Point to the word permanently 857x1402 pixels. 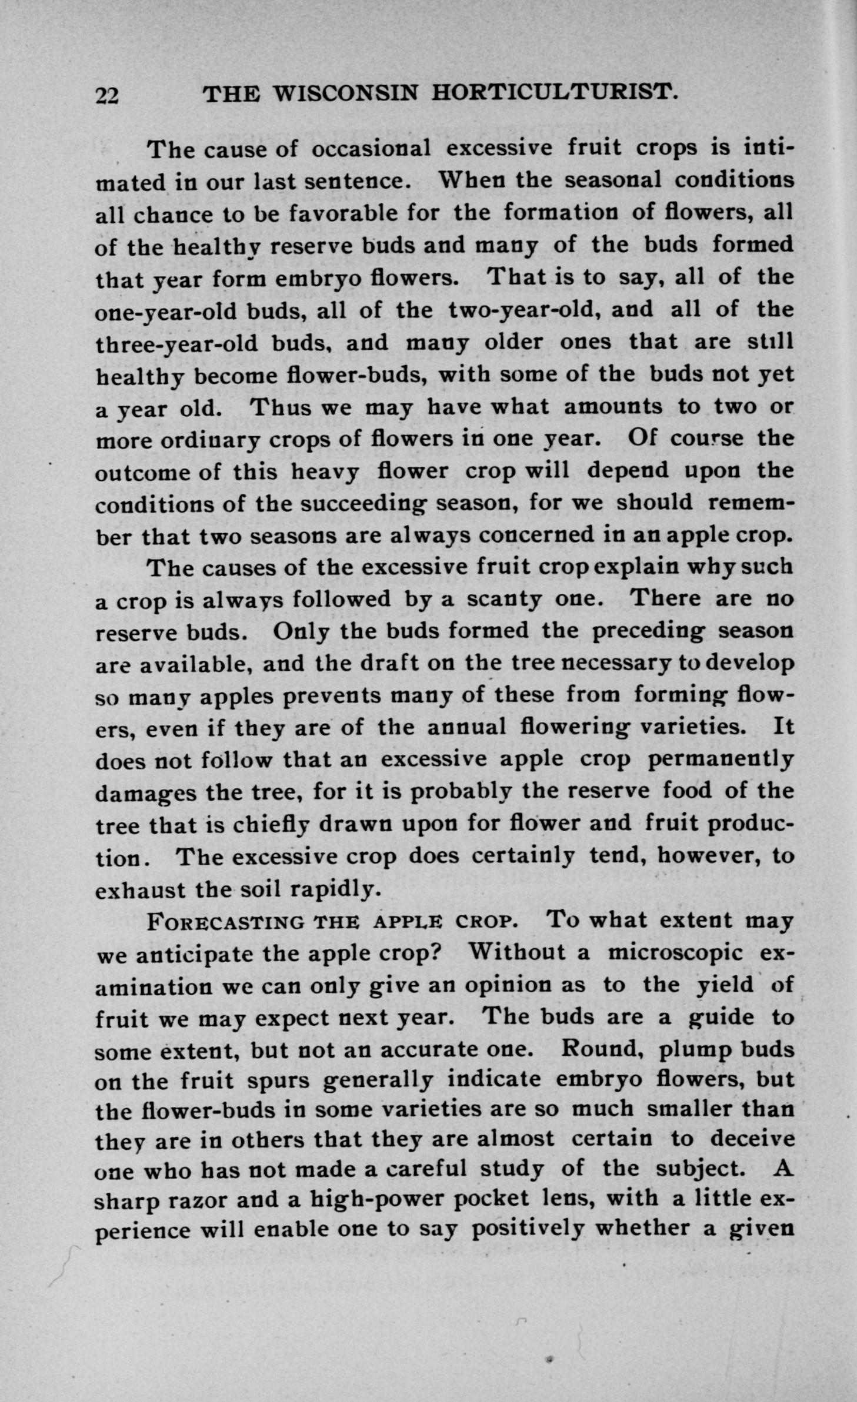721,759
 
